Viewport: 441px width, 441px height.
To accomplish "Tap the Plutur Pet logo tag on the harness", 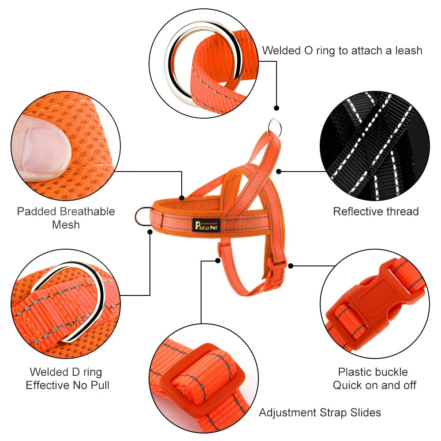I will pyautogui.click(x=207, y=224).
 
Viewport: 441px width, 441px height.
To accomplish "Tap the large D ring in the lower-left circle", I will pyautogui.click(x=84, y=300).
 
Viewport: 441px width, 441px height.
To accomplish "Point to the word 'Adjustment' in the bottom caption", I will pyautogui.click(x=287, y=412).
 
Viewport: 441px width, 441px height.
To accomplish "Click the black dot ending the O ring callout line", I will pyautogui.click(x=277, y=108).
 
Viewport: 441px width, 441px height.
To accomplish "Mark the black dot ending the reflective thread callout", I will pyautogui.click(x=278, y=171).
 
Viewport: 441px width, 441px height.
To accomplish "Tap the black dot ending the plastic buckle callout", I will pyautogui.click(x=291, y=266).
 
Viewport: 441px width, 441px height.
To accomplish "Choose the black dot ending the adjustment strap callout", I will pyautogui.click(x=218, y=261).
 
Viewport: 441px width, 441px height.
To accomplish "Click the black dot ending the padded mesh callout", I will pyautogui.click(x=181, y=198).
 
